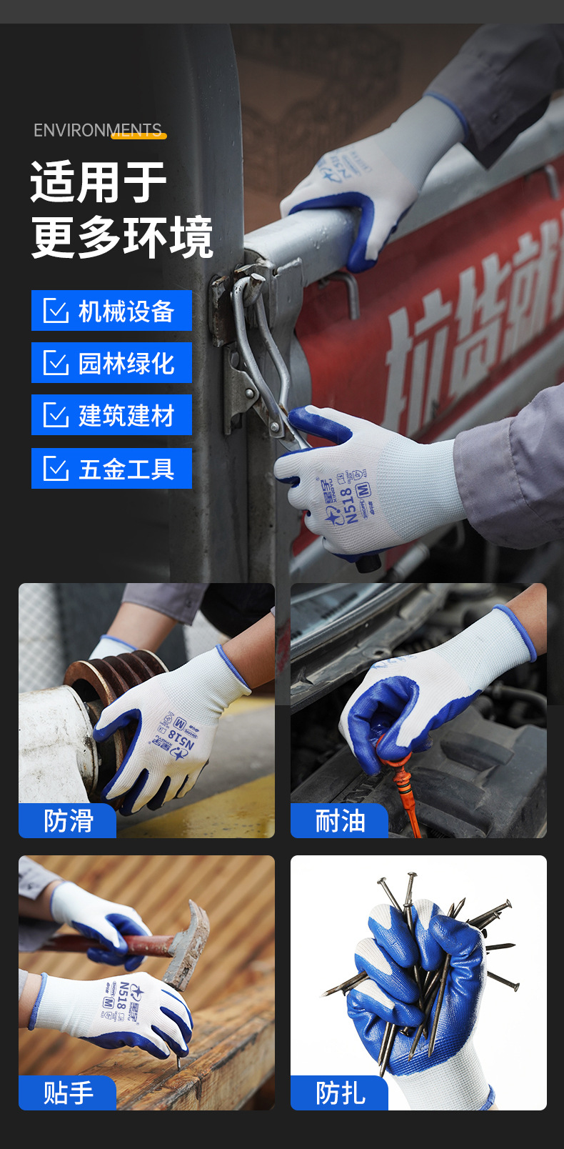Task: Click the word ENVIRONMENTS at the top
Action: [98, 130]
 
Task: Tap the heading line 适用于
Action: [99, 183]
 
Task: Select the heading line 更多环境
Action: [122, 237]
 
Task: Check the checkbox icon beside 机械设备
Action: [56, 311]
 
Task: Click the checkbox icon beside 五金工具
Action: [56, 469]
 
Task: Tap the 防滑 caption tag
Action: [68, 821]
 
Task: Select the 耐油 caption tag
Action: [340, 821]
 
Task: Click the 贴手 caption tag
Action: [68, 1093]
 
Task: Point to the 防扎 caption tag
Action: [340, 1093]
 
